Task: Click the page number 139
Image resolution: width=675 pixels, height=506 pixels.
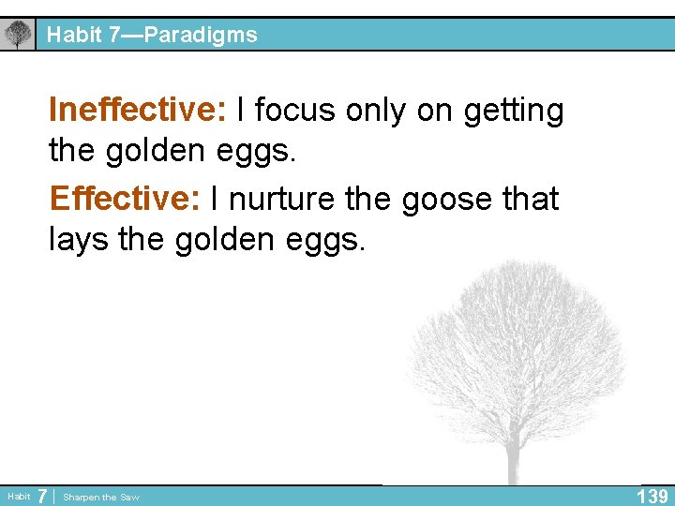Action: [652, 496]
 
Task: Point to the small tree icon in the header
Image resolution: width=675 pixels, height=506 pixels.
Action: [17, 35]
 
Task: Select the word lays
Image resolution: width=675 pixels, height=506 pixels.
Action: [80, 240]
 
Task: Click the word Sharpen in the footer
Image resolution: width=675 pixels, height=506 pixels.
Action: [82, 497]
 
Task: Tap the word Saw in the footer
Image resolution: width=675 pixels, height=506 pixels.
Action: [128, 497]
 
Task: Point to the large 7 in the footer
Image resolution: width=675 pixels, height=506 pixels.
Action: [43, 496]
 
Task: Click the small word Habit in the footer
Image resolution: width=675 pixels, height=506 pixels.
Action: [18, 497]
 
